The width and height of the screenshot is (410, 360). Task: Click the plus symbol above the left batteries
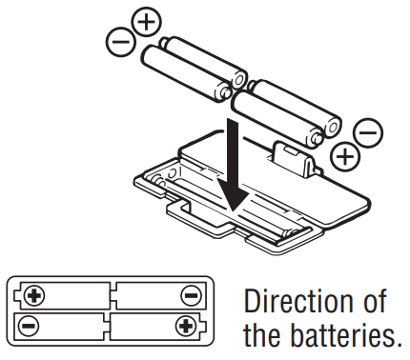click(x=146, y=21)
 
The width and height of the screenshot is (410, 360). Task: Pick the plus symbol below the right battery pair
click(x=346, y=152)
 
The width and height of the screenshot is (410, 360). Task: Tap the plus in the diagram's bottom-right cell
click(x=184, y=326)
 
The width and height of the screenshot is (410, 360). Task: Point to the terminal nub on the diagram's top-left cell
click(x=18, y=294)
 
